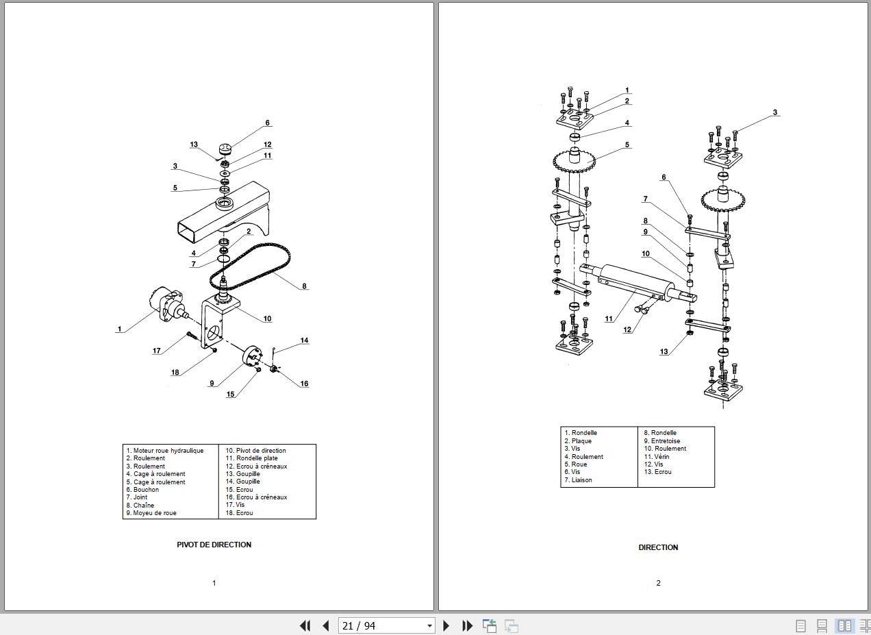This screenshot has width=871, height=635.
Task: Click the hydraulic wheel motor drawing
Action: tap(167, 304)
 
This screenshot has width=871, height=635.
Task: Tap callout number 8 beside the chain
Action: tap(304, 286)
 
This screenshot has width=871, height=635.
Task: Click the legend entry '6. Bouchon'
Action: tap(142, 490)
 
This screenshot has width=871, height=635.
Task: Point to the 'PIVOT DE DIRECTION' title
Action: tap(214, 545)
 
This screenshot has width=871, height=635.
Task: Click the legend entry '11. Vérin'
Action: tap(657, 456)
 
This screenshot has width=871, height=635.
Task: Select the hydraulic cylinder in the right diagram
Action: tap(638, 284)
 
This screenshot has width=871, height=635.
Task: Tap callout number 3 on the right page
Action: tap(775, 112)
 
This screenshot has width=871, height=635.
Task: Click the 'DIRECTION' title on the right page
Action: tap(658, 547)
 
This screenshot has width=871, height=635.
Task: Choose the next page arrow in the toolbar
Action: tap(446, 625)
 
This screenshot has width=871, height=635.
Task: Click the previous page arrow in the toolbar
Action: tap(326, 625)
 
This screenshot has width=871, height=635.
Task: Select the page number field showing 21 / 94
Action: tap(386, 625)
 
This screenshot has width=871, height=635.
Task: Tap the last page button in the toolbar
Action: tap(467, 625)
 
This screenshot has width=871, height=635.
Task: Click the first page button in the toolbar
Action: tap(305, 625)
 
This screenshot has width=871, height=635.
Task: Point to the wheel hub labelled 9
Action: tap(252, 356)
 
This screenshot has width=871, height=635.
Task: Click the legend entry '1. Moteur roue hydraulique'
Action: tap(164, 451)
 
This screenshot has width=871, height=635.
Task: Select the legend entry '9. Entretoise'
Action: tap(661, 441)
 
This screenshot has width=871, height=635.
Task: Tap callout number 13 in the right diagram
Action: tap(664, 351)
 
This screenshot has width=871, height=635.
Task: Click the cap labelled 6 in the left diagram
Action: tap(225, 149)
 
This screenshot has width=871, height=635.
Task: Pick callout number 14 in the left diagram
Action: tap(304, 340)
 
